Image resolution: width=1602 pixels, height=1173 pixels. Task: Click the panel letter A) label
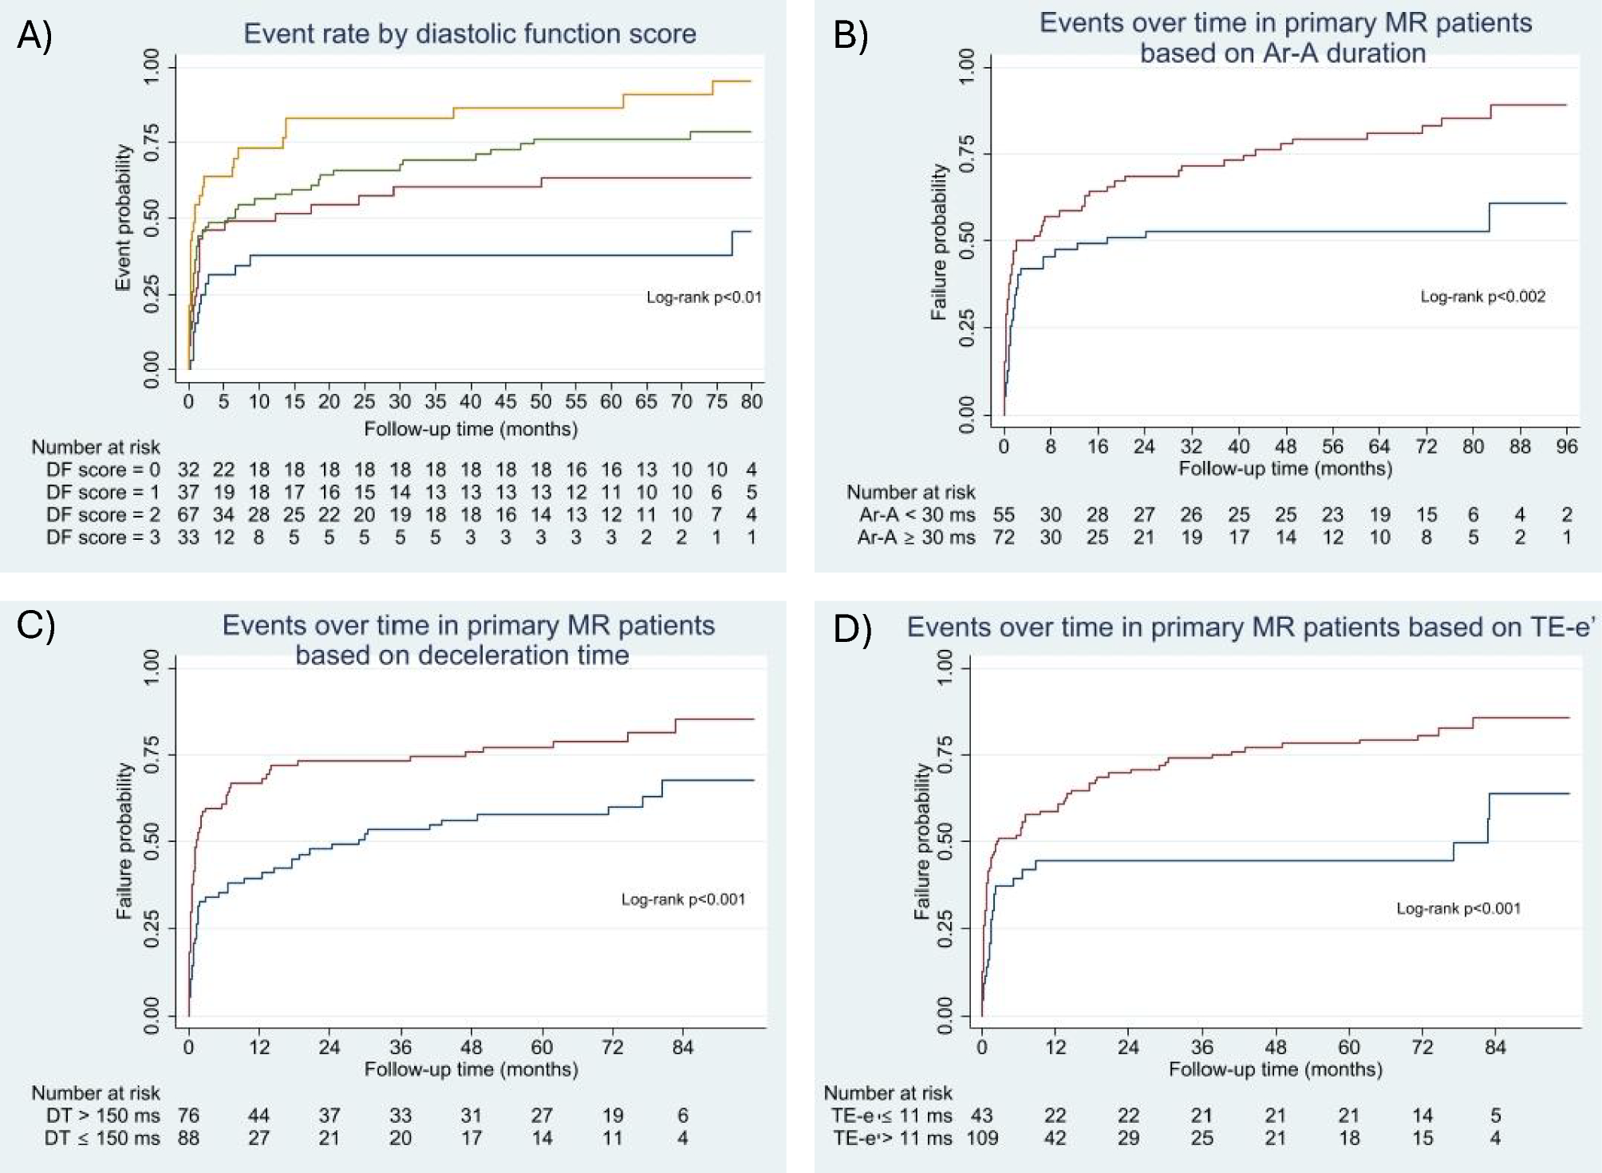click(x=34, y=36)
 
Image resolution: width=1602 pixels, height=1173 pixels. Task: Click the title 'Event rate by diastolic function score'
click(x=469, y=33)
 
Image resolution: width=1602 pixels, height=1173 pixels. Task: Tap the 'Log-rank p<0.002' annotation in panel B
click(x=1482, y=297)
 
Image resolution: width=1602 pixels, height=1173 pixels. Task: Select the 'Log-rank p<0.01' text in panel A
click(x=704, y=297)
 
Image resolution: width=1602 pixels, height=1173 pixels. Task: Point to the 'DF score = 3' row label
click(x=103, y=537)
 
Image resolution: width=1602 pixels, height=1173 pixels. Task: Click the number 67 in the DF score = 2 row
click(x=188, y=515)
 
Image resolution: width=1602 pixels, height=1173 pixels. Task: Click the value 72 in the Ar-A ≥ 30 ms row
click(x=1004, y=537)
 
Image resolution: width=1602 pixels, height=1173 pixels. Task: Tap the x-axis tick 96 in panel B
click(x=1566, y=447)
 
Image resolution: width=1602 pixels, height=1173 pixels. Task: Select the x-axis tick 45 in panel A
click(x=505, y=401)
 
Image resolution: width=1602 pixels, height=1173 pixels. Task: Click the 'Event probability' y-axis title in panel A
click(x=123, y=218)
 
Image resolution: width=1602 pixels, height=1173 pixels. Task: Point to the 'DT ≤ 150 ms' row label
click(x=102, y=1138)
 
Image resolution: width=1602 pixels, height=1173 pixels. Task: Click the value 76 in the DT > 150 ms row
click(x=188, y=1116)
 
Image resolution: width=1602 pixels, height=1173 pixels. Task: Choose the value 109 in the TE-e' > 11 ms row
click(x=982, y=1138)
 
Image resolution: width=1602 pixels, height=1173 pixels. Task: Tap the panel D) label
click(x=852, y=629)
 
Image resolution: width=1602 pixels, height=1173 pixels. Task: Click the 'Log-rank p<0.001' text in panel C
click(x=683, y=899)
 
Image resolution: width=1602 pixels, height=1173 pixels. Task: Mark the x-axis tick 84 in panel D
click(x=1495, y=1046)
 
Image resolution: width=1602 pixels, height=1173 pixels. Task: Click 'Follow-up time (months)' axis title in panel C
click(x=471, y=1069)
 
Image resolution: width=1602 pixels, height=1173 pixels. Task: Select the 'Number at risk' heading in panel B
click(x=910, y=492)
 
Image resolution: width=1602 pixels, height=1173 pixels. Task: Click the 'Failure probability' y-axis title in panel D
click(x=922, y=841)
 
